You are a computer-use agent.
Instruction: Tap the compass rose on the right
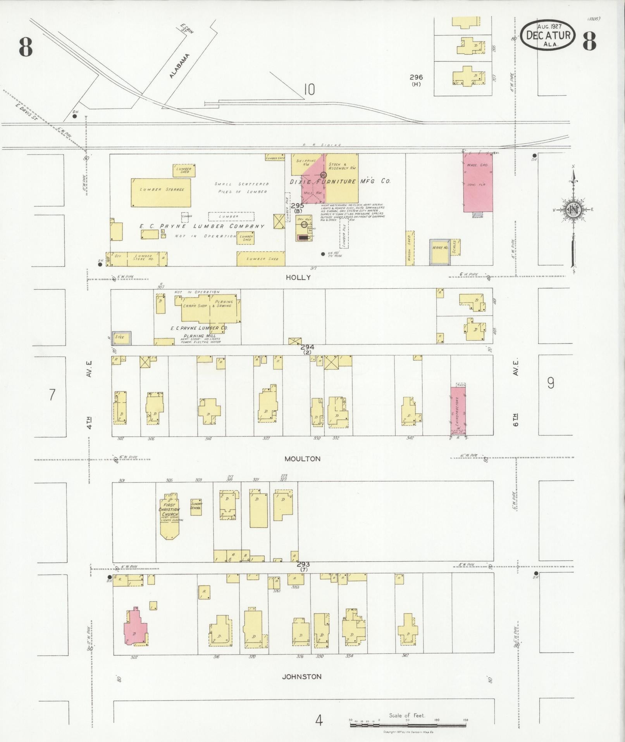tap(573, 210)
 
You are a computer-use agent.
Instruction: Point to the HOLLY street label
tap(298, 277)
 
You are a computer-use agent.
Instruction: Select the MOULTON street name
tap(302, 459)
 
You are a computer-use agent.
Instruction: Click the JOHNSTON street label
tap(301, 677)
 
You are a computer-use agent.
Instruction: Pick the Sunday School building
tap(196, 507)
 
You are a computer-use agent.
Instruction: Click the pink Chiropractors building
tap(458, 411)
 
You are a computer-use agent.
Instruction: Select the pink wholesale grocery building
tap(478, 182)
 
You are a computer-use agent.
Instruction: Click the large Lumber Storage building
tap(161, 193)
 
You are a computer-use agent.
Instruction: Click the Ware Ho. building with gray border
tap(440, 252)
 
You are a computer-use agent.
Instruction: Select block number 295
tap(297, 206)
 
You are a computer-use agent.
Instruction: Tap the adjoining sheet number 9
tap(550, 383)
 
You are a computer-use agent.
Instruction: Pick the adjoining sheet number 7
tap(52, 394)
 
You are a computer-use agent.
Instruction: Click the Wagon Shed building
tap(410, 248)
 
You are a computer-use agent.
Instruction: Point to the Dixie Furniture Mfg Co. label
tap(340, 181)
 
